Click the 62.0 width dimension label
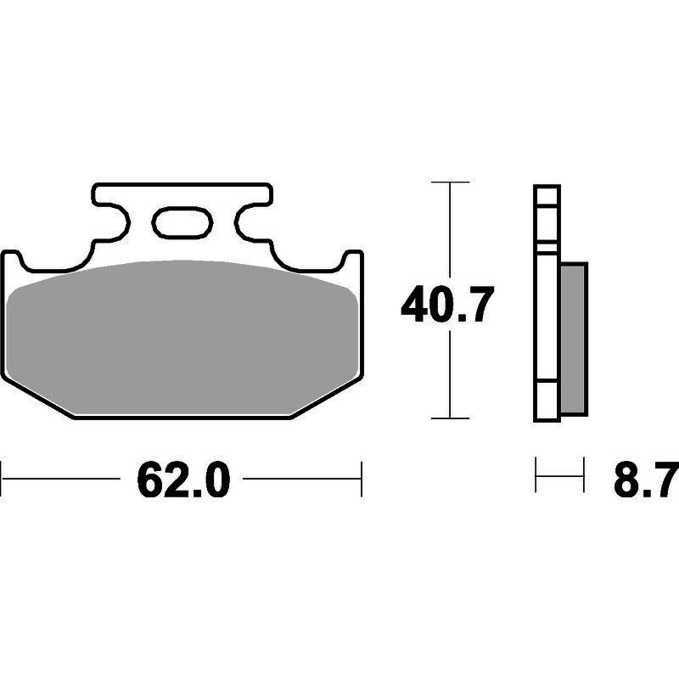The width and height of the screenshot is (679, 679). click(183, 480)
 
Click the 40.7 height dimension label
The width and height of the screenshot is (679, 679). click(447, 304)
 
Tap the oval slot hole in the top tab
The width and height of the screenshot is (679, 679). click(182, 223)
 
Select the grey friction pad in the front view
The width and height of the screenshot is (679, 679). click(182, 337)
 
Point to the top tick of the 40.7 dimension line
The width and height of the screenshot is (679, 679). click(451, 182)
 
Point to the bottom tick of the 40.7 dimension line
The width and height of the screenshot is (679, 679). click(451, 418)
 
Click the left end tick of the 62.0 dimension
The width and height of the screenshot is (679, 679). click(2, 479)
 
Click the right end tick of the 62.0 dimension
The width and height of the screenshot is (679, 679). click(362, 479)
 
